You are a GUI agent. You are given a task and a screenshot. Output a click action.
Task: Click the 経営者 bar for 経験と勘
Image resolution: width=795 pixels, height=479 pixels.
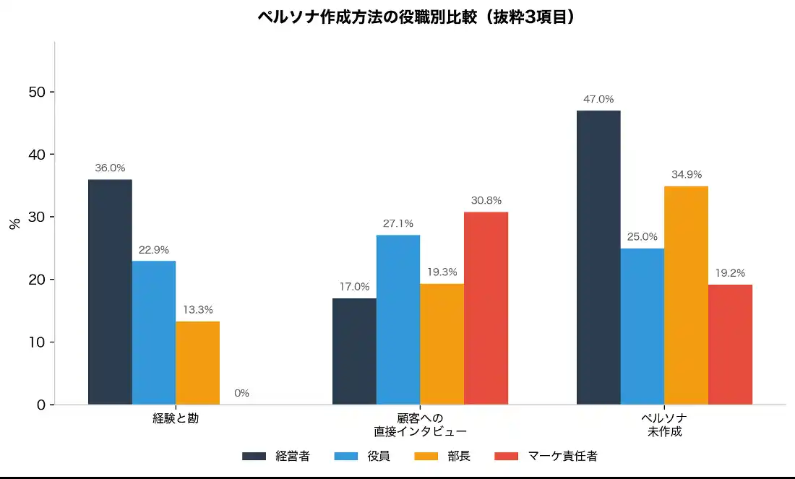[110, 292]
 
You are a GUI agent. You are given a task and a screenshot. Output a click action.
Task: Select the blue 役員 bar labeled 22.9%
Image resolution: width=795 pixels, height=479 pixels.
[154, 332]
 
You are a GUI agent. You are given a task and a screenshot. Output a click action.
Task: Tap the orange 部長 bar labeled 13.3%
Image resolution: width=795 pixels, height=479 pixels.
[197, 363]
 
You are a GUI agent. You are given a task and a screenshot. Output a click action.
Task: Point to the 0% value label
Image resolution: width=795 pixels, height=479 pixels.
[241, 393]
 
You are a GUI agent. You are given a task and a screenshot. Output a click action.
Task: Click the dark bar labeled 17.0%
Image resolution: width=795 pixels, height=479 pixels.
[354, 351]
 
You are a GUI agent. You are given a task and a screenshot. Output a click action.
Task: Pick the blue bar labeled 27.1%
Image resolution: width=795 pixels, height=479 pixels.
[398, 319]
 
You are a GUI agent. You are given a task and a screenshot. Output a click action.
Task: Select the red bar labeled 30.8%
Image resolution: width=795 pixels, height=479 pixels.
[486, 308]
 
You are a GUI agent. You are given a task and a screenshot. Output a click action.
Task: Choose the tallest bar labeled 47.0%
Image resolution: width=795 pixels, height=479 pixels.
[598, 257]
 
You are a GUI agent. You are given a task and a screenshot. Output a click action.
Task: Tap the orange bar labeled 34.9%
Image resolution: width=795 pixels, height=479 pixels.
[686, 295]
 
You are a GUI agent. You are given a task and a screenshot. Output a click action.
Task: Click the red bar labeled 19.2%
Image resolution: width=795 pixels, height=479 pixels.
[730, 344]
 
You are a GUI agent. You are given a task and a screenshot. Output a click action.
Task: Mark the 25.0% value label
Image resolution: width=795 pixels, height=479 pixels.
[643, 237]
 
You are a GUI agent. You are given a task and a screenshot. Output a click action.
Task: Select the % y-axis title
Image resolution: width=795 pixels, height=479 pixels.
[15, 223]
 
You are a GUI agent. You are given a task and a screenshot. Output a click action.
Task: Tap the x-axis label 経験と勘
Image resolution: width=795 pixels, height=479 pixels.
[176, 418]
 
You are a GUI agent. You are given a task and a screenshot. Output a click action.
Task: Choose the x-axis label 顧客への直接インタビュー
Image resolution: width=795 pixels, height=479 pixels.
[420, 425]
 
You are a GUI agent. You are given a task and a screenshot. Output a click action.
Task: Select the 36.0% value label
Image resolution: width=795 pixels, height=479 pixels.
[110, 168]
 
